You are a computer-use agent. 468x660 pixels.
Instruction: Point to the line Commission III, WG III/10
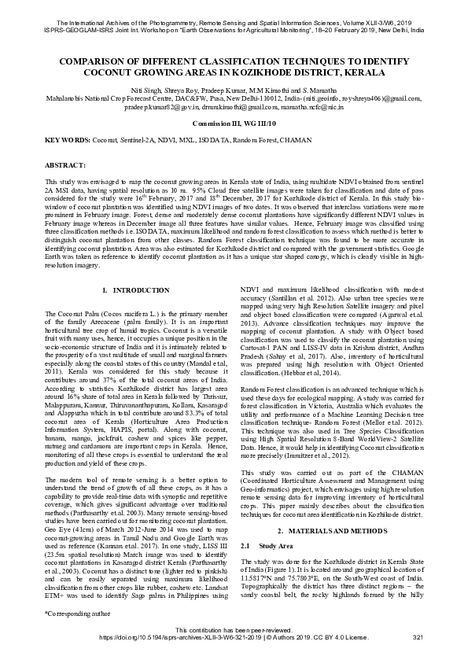coord(234,124)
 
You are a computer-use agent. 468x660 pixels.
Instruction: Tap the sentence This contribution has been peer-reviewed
coord(234,629)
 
